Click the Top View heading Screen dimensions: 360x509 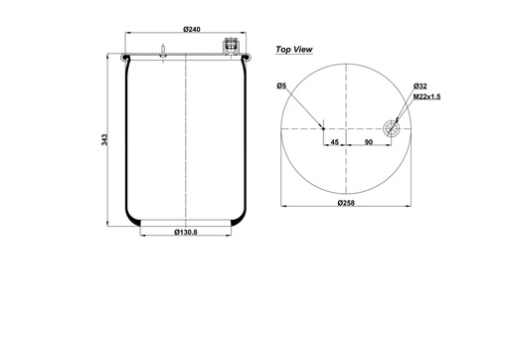(x=295, y=48)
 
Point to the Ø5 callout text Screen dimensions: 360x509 (x=283, y=87)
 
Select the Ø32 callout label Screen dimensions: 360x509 (x=420, y=87)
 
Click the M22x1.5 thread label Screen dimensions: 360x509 (x=425, y=96)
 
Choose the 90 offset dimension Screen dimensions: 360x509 (x=369, y=142)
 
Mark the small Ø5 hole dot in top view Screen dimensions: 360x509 (x=323, y=127)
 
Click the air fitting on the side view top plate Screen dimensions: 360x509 (x=231, y=46)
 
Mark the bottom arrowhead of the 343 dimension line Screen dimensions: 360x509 (x=110, y=225)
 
